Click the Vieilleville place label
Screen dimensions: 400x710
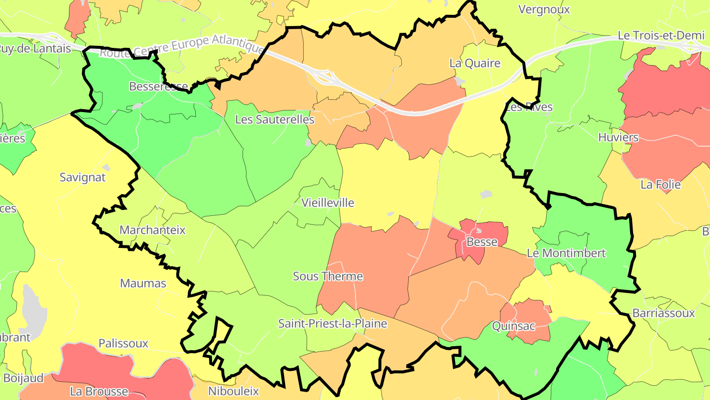tap(327, 202)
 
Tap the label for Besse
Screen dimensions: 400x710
tap(482, 242)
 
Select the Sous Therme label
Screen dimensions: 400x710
tap(328, 276)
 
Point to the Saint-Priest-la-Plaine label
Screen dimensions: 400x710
tap(332, 324)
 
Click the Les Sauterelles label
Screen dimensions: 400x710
tap(275, 120)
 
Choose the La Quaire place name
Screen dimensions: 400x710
tap(475, 63)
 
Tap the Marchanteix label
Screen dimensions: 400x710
tap(152, 230)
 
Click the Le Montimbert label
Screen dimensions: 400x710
tap(566, 253)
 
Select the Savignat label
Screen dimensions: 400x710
tap(82, 177)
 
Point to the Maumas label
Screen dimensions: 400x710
tap(143, 283)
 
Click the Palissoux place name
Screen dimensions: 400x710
tap(123, 343)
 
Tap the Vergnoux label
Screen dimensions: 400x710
tap(544, 9)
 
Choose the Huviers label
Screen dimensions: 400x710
tap(618, 137)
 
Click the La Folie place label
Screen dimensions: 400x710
tap(660, 185)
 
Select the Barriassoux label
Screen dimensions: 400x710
tap(663, 313)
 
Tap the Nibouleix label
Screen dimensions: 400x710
tap(233, 391)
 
